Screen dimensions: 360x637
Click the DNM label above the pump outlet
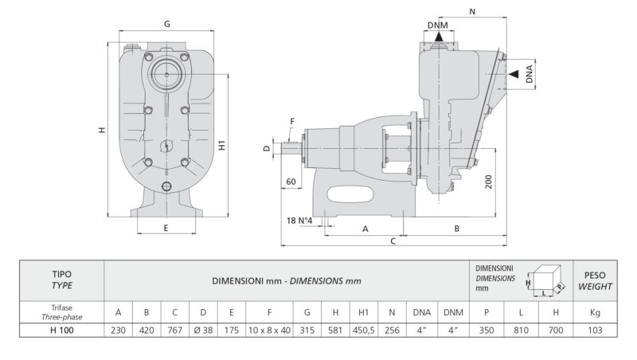click(436, 26)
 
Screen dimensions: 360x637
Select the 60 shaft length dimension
click(291, 182)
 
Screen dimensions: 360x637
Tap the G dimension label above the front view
click(166, 25)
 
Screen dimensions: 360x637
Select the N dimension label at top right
click(473, 12)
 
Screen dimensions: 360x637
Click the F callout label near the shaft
click(292, 121)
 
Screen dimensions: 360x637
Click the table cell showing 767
click(174, 329)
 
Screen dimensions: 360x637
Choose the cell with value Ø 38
click(203, 329)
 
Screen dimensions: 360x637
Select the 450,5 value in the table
click(363, 329)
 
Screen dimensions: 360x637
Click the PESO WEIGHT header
click(594, 280)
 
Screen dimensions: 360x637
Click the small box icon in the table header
click(546, 279)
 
